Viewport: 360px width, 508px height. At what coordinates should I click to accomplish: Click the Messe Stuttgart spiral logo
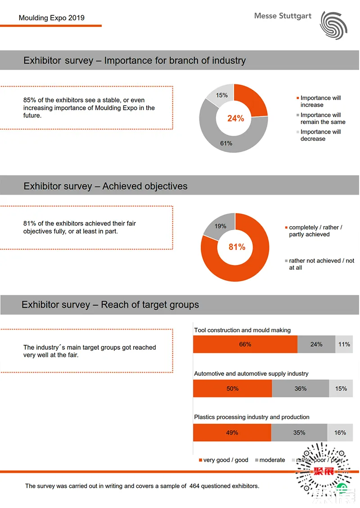tap(334, 24)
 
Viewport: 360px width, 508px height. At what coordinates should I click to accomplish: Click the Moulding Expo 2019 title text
tap(51, 18)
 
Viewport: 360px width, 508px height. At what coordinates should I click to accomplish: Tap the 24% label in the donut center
tap(235, 118)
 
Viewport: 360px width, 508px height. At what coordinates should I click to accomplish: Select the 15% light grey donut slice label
tap(221, 95)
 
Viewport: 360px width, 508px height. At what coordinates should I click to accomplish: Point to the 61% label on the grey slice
tap(226, 143)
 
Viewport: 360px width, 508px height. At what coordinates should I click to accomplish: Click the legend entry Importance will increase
tap(320, 101)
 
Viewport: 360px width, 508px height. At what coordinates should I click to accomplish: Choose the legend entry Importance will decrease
tap(320, 135)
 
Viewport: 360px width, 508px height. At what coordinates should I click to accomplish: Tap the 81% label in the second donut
tap(237, 247)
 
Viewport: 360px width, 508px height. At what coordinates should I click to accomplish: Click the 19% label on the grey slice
tap(220, 226)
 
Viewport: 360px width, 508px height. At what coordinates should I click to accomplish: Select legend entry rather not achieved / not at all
tap(321, 264)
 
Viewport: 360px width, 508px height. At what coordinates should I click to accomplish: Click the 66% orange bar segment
tap(245, 344)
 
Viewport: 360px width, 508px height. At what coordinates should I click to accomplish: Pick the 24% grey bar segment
tap(316, 344)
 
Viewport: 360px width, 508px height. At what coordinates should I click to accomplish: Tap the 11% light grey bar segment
tap(344, 344)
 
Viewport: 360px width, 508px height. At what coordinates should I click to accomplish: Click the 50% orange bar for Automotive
tap(233, 388)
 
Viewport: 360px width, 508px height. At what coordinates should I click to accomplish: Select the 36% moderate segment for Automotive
tap(301, 388)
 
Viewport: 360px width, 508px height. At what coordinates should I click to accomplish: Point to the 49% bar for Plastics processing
tap(232, 432)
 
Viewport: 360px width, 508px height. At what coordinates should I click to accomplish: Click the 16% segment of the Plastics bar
tap(340, 432)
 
